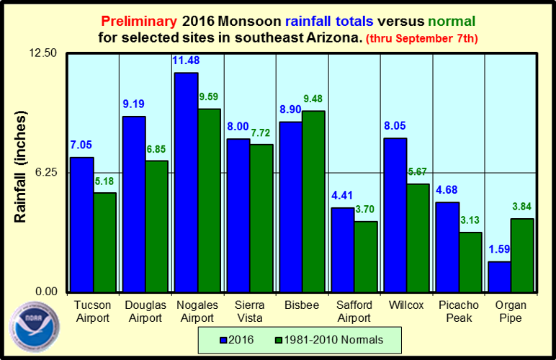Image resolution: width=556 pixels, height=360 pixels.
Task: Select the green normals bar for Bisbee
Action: pyautogui.click(x=313, y=202)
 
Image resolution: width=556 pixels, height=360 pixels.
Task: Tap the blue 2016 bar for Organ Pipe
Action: pyautogui.click(x=499, y=276)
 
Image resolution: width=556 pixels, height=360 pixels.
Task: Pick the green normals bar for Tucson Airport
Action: pyautogui.click(x=105, y=242)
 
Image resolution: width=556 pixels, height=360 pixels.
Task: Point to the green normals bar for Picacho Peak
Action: pyautogui.click(x=470, y=261)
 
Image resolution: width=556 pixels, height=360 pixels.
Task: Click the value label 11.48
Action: pyautogui.click(x=186, y=60)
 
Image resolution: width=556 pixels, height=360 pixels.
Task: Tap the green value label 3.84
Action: pyautogui.click(x=522, y=207)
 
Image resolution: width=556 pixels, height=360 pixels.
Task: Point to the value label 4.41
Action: pyautogui.click(x=342, y=194)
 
